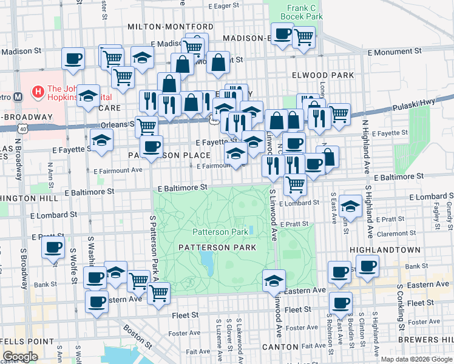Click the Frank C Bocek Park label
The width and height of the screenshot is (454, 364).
click(x=305, y=13)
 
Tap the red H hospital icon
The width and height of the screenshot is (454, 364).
click(x=38, y=93)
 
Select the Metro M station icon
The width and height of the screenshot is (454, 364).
click(x=18, y=96)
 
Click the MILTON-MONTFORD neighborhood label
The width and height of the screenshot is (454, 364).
click(x=171, y=27)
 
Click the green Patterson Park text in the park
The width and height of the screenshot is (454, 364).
click(x=220, y=232)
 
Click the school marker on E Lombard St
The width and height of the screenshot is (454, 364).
click(x=350, y=205)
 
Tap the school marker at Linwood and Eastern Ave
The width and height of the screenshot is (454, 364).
click(x=274, y=280)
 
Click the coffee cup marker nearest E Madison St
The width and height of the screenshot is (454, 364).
click(x=73, y=58)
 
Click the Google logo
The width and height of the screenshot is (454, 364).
click(x=20, y=356)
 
